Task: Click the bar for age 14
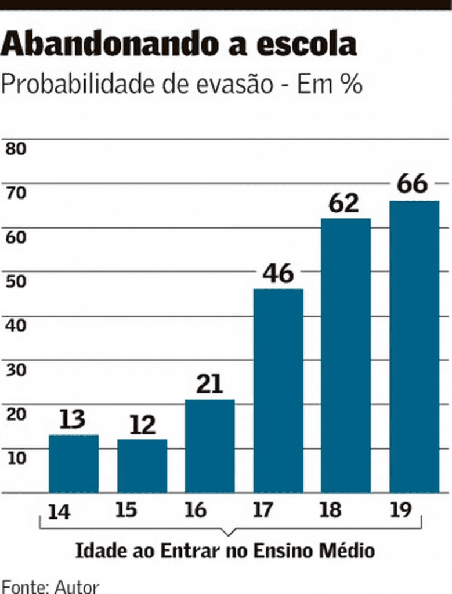pos(74,463)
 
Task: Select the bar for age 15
pos(142,466)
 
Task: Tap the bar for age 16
pos(210,446)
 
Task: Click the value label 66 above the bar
pos(413,184)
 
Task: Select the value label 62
pos(344,204)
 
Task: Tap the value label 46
pos(279,274)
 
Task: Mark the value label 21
pos(209,385)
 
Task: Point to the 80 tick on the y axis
pos(16,148)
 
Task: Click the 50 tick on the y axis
pos(16,281)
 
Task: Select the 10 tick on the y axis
pos(16,458)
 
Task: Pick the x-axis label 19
pos(400,510)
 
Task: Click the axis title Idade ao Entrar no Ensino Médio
pos(225,550)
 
